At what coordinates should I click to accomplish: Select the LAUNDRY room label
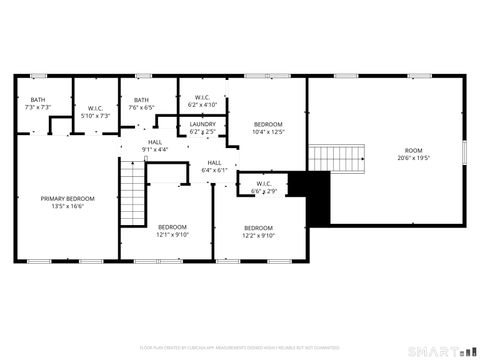point(203,124)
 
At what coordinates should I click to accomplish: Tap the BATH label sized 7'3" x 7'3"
point(38,99)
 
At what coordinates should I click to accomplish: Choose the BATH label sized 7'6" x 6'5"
point(142,99)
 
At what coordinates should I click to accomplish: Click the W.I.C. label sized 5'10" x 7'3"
point(96,107)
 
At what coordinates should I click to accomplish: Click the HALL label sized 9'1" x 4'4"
point(155,142)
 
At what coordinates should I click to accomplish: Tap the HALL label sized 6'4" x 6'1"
point(215,162)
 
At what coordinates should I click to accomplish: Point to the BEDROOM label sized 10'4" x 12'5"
point(269,124)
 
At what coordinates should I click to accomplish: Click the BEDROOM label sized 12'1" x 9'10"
point(172,227)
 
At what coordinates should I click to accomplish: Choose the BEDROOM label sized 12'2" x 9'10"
point(258,227)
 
